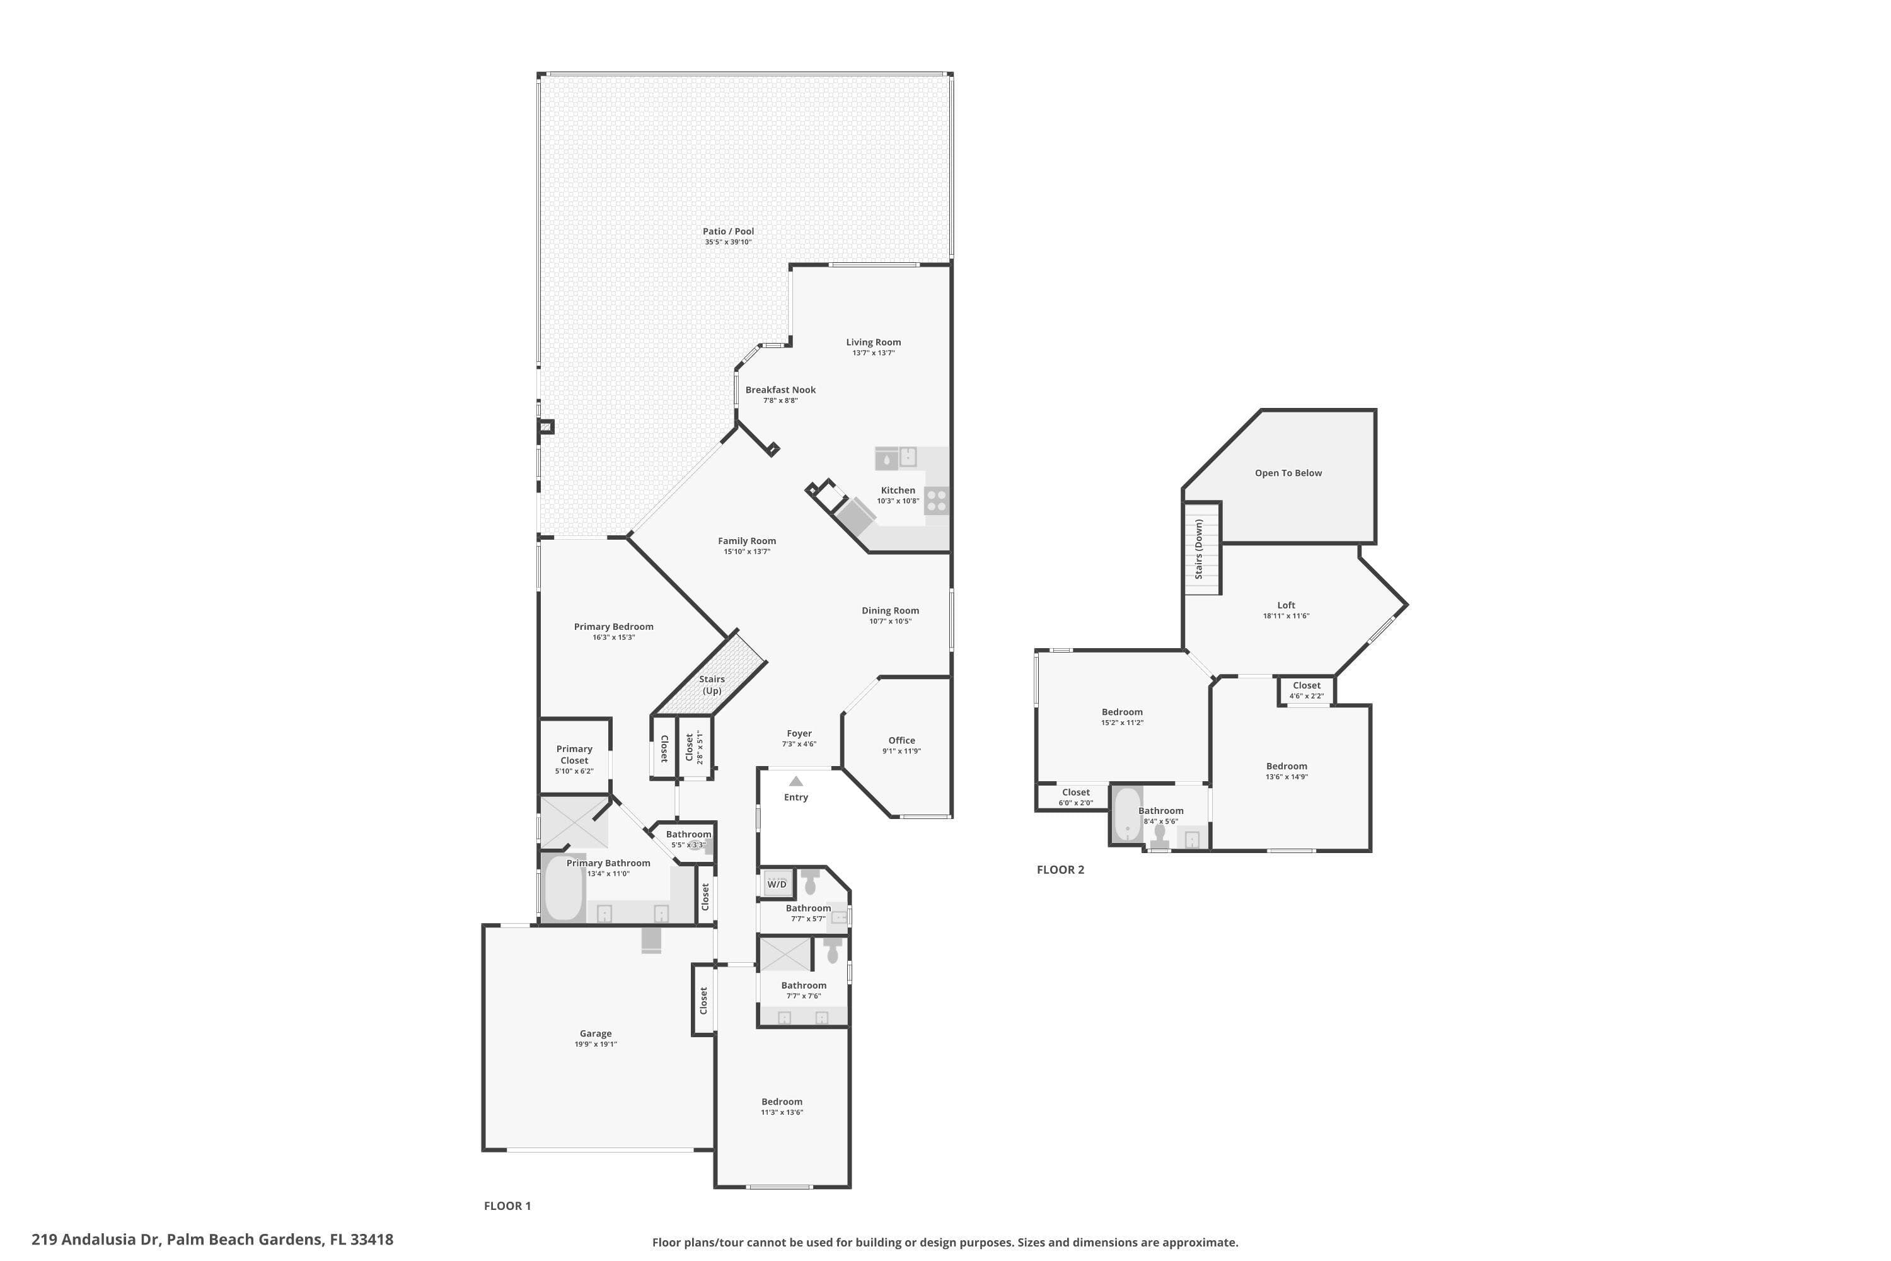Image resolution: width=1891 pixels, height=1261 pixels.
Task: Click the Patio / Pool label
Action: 729,231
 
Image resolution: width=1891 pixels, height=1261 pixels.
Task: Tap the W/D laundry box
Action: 777,884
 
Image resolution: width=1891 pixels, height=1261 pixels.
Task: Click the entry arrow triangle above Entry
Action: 796,781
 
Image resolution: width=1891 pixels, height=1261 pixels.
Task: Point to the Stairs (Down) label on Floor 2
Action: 1199,549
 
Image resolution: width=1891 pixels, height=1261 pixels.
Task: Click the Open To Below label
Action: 1288,473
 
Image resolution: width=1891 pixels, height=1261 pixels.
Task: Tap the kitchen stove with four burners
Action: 937,500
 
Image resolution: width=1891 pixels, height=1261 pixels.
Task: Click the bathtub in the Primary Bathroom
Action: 564,888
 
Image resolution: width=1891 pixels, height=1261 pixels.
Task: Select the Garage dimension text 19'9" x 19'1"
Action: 596,1044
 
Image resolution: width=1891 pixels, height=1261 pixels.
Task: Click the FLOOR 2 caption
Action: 1060,869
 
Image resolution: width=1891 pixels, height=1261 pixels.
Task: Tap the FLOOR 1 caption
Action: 507,1206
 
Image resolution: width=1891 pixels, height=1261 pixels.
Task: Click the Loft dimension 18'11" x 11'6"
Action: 1287,616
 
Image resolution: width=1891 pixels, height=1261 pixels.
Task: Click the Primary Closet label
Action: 575,754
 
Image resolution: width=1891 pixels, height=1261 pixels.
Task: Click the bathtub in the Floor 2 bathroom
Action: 1127,814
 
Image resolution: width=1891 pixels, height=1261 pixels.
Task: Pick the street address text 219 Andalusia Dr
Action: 97,1240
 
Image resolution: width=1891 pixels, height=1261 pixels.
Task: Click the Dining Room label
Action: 890,610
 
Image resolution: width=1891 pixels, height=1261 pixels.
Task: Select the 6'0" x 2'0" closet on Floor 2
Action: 1074,797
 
